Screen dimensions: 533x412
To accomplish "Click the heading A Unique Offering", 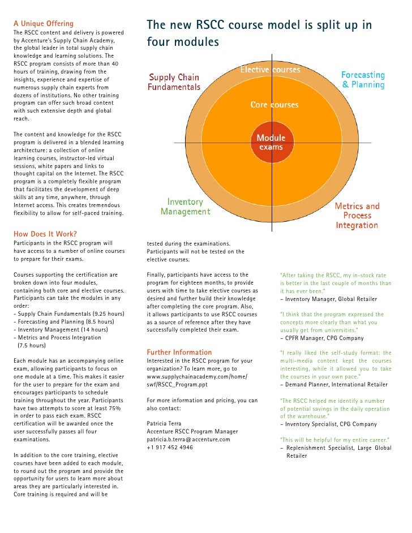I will coord(43,24).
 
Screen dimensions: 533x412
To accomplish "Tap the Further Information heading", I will coord(179,352).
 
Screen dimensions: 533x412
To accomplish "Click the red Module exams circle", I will coord(271,143).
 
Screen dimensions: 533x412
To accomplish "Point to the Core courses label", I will coord(274,105).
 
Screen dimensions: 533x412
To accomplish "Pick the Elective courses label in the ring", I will coord(271,70).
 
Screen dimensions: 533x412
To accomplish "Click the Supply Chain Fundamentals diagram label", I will coord(174,82).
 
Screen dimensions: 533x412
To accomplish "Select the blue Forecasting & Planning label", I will coord(363,80).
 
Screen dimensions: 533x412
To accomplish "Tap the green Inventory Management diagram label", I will coord(185,207).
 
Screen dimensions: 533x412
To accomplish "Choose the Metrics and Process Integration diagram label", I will coord(357,216).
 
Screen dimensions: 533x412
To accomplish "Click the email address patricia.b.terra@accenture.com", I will coord(188,439).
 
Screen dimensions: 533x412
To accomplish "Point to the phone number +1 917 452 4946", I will coord(170,447).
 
